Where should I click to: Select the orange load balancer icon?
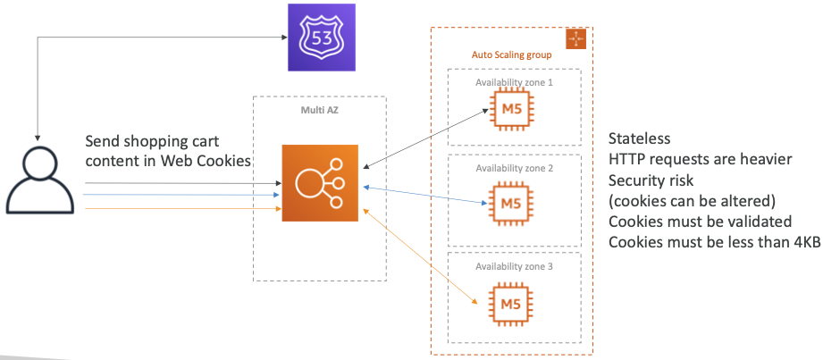tap(319, 182)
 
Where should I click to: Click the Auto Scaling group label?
tap(511, 55)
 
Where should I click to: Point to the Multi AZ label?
tap(319, 111)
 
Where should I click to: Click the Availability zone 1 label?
tap(514, 82)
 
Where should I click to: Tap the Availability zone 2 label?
tap(514, 169)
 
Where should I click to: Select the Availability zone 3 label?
tap(514, 265)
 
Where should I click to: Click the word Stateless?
tap(639, 139)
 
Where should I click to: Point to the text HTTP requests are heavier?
tap(700, 159)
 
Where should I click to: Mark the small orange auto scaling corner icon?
tap(575, 38)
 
